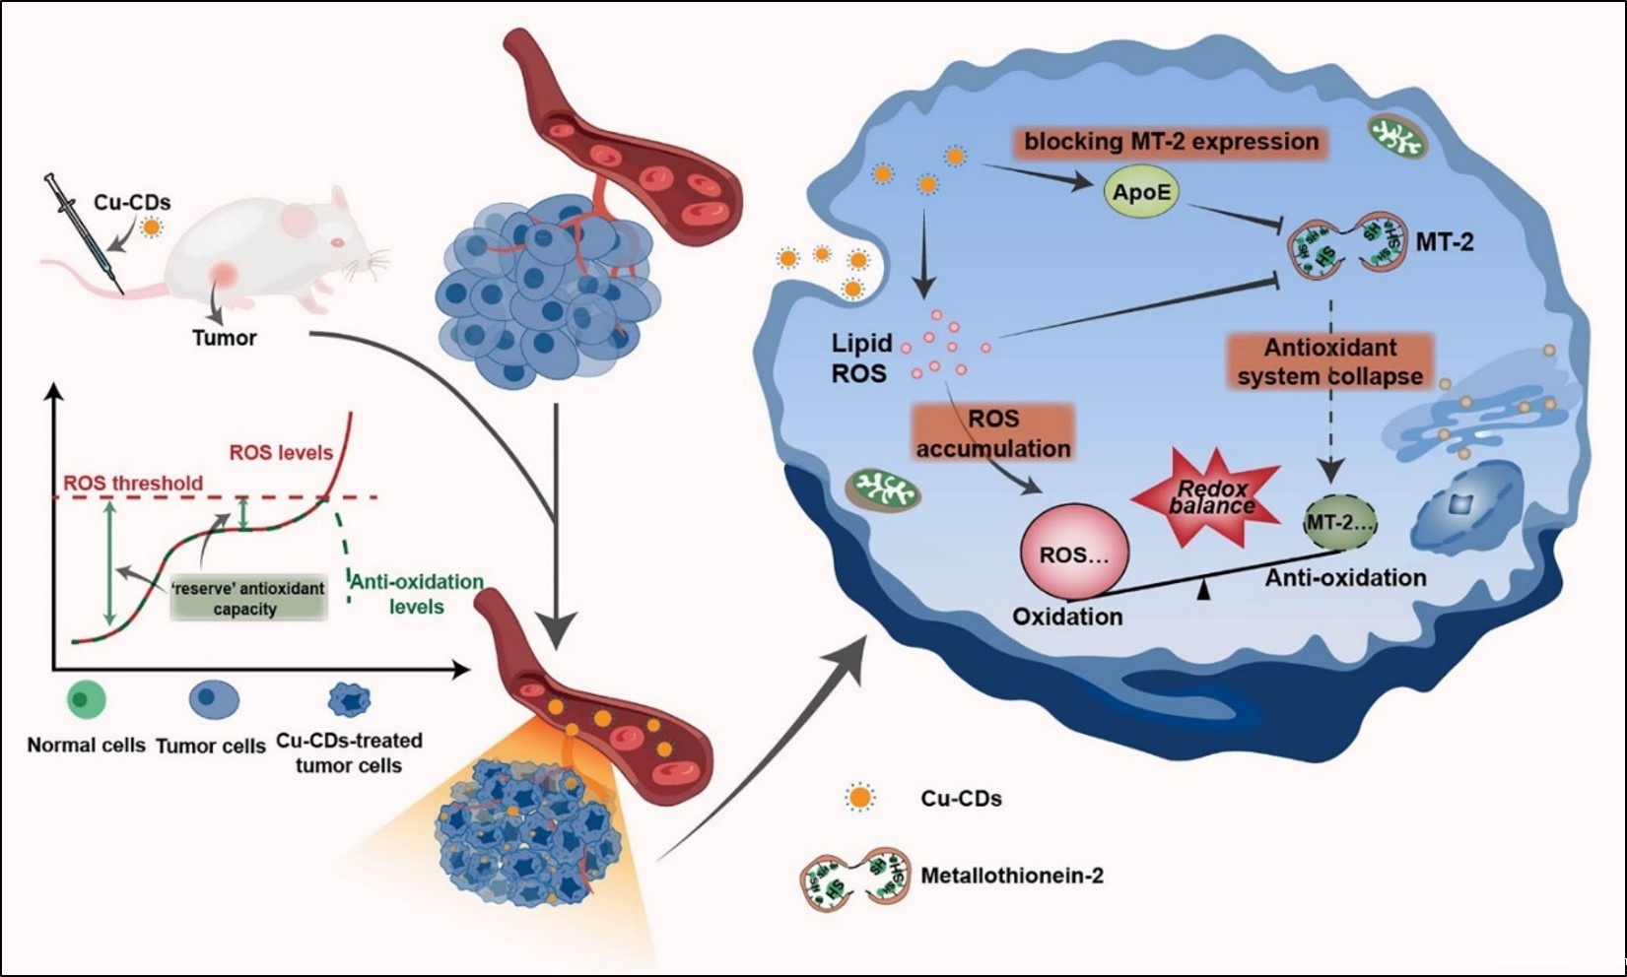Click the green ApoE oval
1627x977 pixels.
1142,191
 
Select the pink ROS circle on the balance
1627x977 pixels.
1074,554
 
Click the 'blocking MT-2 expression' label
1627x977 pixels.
1171,142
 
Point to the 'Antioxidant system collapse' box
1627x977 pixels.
1330,361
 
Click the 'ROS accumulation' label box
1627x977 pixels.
992,433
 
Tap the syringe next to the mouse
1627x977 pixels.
83,232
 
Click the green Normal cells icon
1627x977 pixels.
86,701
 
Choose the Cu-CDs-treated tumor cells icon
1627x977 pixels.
349,700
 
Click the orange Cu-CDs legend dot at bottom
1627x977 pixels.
860,798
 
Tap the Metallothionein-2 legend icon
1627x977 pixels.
853,876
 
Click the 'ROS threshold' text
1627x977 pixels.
133,484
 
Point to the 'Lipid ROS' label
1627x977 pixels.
860,358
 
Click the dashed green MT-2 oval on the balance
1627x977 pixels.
1339,523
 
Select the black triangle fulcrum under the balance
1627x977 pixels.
1203,591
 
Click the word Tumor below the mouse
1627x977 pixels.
224,338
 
